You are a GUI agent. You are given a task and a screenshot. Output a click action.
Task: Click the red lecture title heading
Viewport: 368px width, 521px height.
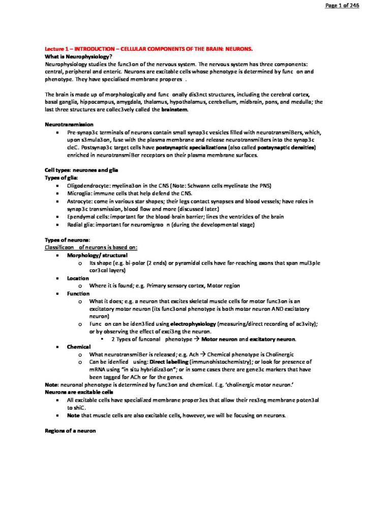point(149,49)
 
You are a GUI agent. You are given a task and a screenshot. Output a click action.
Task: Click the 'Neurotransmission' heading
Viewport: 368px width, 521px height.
point(69,124)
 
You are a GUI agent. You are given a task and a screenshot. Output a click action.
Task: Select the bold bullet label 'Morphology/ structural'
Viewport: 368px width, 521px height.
point(97,255)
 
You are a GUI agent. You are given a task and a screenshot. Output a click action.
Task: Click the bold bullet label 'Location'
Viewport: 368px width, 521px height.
point(78,278)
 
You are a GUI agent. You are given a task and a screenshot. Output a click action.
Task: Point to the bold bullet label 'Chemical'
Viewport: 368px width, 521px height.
point(79,346)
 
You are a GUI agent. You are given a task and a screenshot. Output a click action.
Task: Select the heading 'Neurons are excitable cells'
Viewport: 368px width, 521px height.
point(79,393)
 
